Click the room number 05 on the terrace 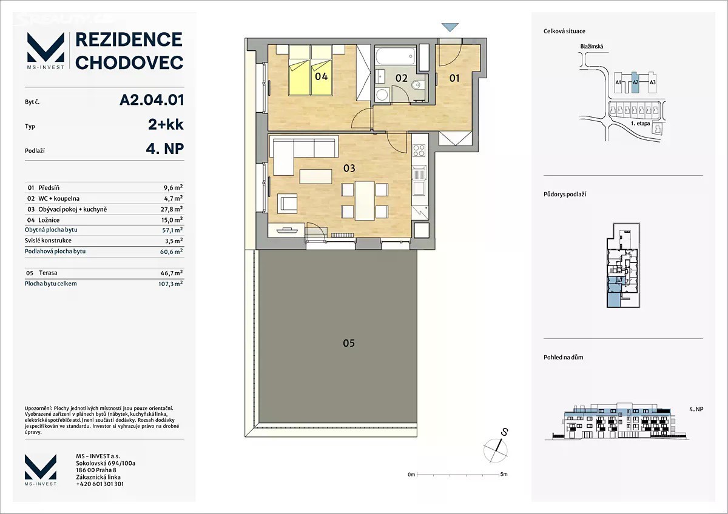click(349, 343)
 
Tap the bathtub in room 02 click(396, 56)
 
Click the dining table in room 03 click(365, 201)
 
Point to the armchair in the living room click(287, 204)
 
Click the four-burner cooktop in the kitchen click(419, 150)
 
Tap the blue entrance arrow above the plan click(450, 27)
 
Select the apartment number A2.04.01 click(152, 100)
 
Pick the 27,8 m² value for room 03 click(172, 209)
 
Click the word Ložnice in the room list click(49, 220)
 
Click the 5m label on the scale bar click(504, 474)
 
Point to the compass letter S click(504, 432)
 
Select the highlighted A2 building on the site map click(635, 82)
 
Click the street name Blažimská click(592, 47)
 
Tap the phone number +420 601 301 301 click(99, 484)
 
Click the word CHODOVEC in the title click(129, 62)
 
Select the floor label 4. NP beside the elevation click(696, 409)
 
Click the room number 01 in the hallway click(454, 78)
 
